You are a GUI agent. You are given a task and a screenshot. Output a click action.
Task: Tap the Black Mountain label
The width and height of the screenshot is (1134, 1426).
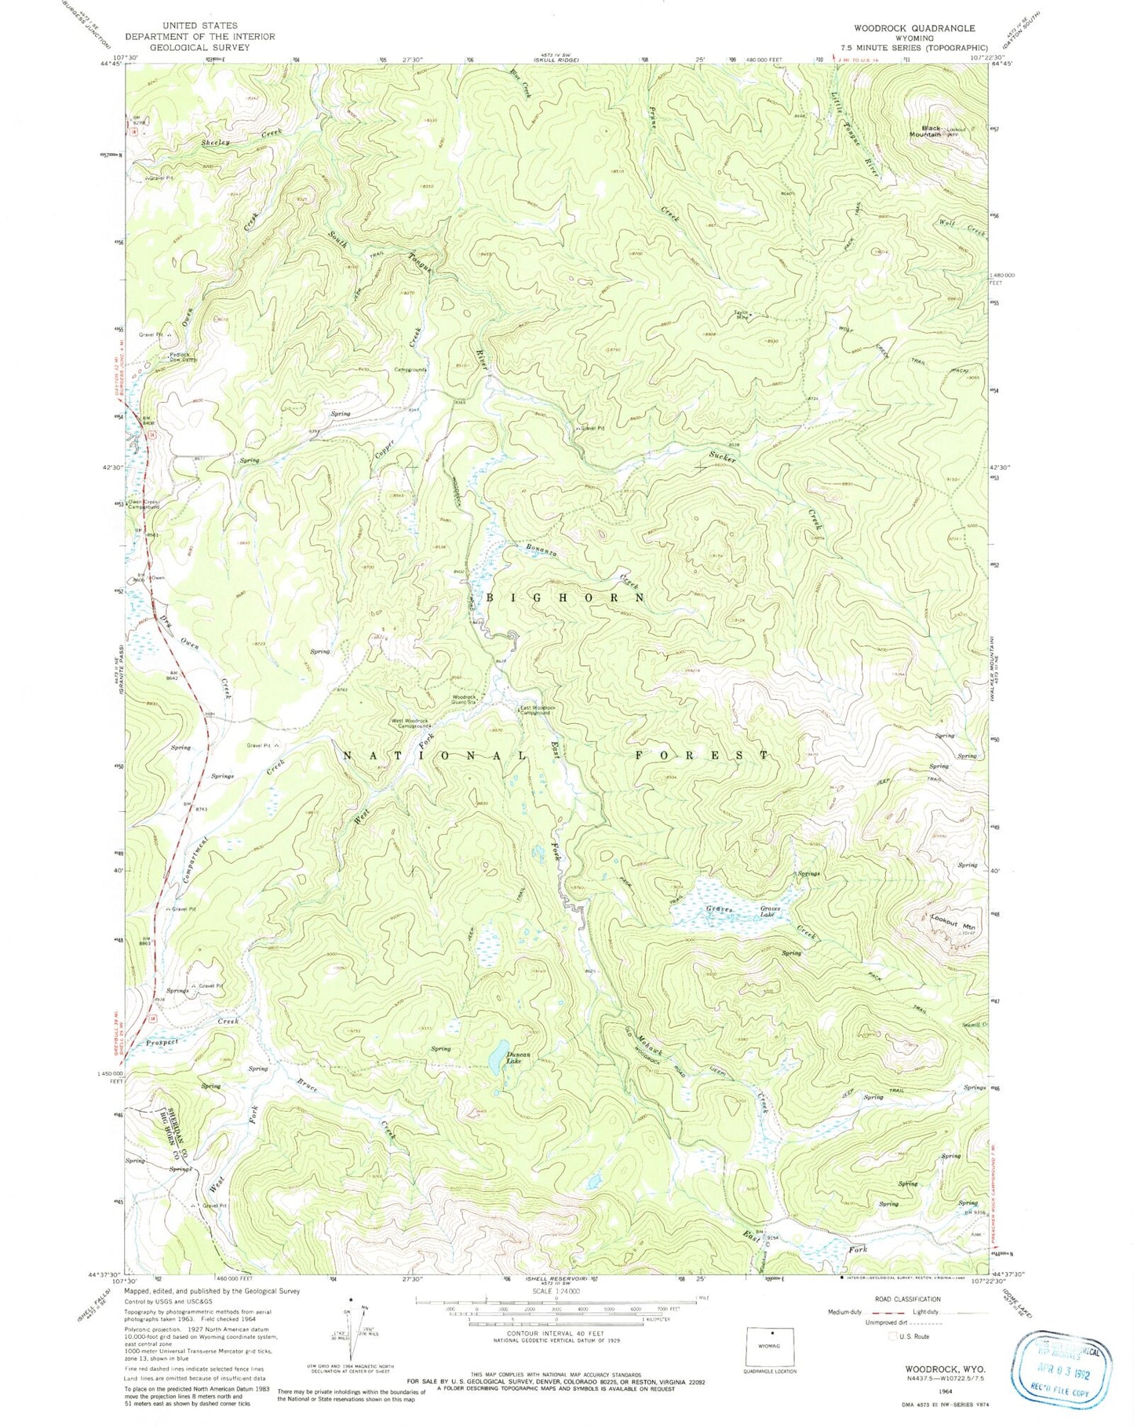[x=931, y=132]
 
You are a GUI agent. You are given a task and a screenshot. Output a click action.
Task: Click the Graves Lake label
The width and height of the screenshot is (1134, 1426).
[x=771, y=912]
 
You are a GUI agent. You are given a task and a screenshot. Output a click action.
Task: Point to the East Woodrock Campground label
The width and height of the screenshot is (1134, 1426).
[x=539, y=710]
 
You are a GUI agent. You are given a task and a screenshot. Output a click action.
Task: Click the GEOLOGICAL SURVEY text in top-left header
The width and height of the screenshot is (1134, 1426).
[x=199, y=47]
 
